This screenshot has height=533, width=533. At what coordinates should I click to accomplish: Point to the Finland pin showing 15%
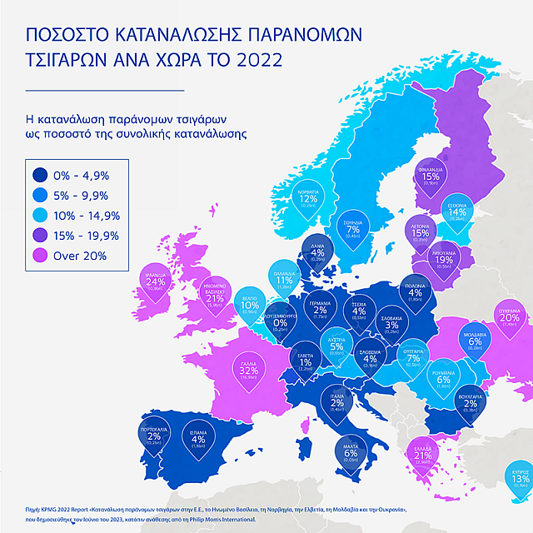click(x=431, y=176)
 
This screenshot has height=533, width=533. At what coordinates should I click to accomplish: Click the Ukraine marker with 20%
click(x=511, y=318)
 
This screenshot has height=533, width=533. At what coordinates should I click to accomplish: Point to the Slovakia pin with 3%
click(x=393, y=324)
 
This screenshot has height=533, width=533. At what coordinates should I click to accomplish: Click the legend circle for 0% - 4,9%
click(x=40, y=175)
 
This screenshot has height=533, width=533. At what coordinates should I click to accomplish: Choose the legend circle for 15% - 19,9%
click(x=40, y=236)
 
